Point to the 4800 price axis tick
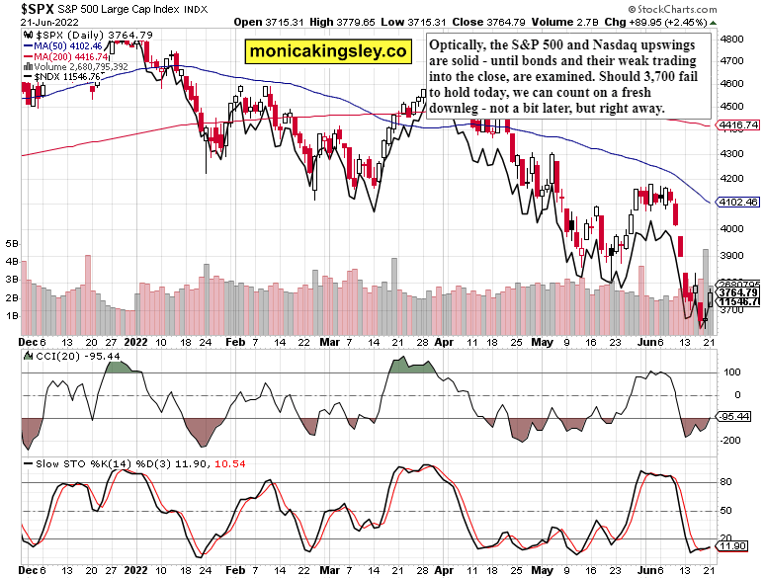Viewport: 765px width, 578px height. tap(731, 40)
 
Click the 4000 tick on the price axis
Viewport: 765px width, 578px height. tap(731, 229)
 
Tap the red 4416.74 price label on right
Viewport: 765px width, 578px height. tap(735, 125)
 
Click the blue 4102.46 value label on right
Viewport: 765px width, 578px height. tap(735, 201)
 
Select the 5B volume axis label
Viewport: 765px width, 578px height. tap(13, 242)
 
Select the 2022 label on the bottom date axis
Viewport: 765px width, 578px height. tap(137, 571)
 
